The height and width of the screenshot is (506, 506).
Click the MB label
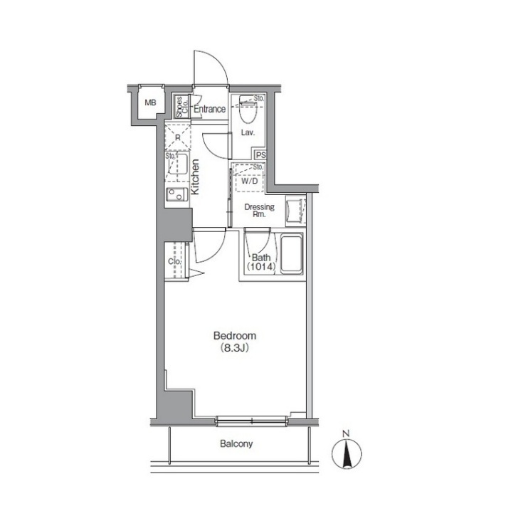point(150,102)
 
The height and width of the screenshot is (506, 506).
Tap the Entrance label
point(209,109)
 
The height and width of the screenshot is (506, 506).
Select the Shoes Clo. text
point(182,107)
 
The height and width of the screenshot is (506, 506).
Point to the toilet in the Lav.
point(248,109)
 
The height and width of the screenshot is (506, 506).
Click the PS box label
point(260,155)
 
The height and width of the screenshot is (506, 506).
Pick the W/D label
point(250,181)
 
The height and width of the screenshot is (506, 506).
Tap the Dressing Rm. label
point(259,211)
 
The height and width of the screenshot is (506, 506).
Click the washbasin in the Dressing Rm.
point(295,211)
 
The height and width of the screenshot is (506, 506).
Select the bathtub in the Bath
point(292,254)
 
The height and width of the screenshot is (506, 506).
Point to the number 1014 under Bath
point(261,267)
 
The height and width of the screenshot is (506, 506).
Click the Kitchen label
point(195,177)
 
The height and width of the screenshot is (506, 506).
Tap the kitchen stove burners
point(176,194)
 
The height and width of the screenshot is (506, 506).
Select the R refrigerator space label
point(177,138)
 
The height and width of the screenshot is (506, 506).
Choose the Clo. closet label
point(174,261)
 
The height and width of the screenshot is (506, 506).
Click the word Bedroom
point(235,336)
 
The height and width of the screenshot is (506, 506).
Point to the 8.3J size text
point(235,348)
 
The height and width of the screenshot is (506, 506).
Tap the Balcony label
point(236,443)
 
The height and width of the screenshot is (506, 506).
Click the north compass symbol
point(347,450)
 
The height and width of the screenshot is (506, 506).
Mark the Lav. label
point(248,132)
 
